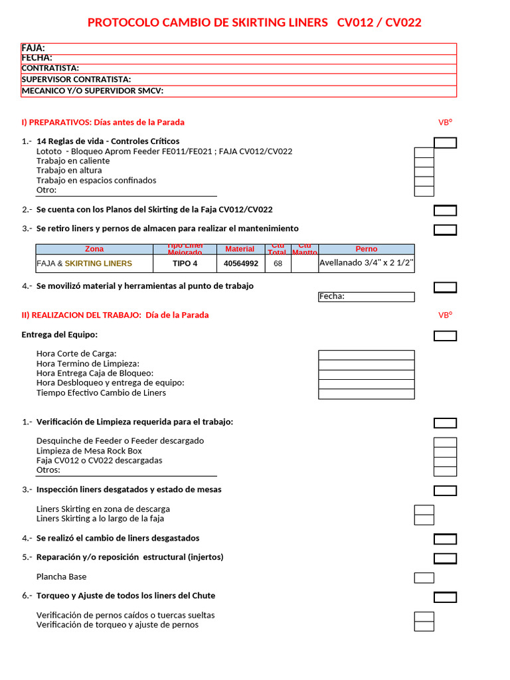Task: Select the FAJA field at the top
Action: (238, 48)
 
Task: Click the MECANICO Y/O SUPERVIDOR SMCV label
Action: (92, 91)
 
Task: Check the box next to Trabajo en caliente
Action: (424, 162)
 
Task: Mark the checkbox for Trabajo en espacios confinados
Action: (424, 181)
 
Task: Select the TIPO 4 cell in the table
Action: (185, 264)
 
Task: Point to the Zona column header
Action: (95, 250)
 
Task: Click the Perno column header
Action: (366, 250)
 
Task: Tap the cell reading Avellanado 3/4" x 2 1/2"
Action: (366, 263)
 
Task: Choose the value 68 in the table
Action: (278, 264)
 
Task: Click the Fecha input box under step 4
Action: (366, 297)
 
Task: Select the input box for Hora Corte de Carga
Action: (366, 355)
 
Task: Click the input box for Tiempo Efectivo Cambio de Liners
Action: (366, 394)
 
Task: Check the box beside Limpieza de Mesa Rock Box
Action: (444, 452)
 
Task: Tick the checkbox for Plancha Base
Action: (424, 578)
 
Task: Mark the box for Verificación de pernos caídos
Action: (424, 616)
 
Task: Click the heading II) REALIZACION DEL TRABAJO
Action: (115, 315)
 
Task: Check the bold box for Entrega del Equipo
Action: (445, 336)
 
